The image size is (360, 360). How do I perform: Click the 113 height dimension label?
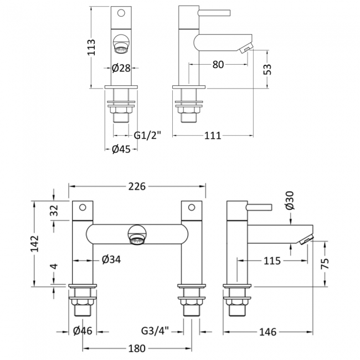click(x=91, y=47)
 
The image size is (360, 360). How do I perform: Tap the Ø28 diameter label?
click(x=121, y=68)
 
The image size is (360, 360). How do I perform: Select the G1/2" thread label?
click(x=147, y=136)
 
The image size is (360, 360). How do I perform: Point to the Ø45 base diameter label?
click(x=121, y=150)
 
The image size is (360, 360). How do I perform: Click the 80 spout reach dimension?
click(x=218, y=65)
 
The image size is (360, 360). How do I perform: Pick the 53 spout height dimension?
click(x=267, y=69)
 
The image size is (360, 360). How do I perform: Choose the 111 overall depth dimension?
click(x=213, y=136)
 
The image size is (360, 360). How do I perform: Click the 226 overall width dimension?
click(x=137, y=187)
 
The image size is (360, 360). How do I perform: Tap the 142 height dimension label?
click(x=35, y=244)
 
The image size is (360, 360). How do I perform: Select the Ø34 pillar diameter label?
click(x=111, y=260)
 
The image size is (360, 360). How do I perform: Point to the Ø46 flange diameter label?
click(x=83, y=331)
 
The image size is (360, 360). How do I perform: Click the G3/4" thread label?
click(x=155, y=331)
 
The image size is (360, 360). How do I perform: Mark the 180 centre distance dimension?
click(x=137, y=348)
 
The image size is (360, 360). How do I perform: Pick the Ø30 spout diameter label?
click(x=290, y=200)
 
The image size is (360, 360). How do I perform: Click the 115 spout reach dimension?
click(x=272, y=261)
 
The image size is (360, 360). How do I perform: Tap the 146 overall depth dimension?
click(x=268, y=332)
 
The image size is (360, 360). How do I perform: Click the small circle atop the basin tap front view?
click(x=121, y=13)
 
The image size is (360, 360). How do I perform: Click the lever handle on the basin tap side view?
click(x=214, y=13)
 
